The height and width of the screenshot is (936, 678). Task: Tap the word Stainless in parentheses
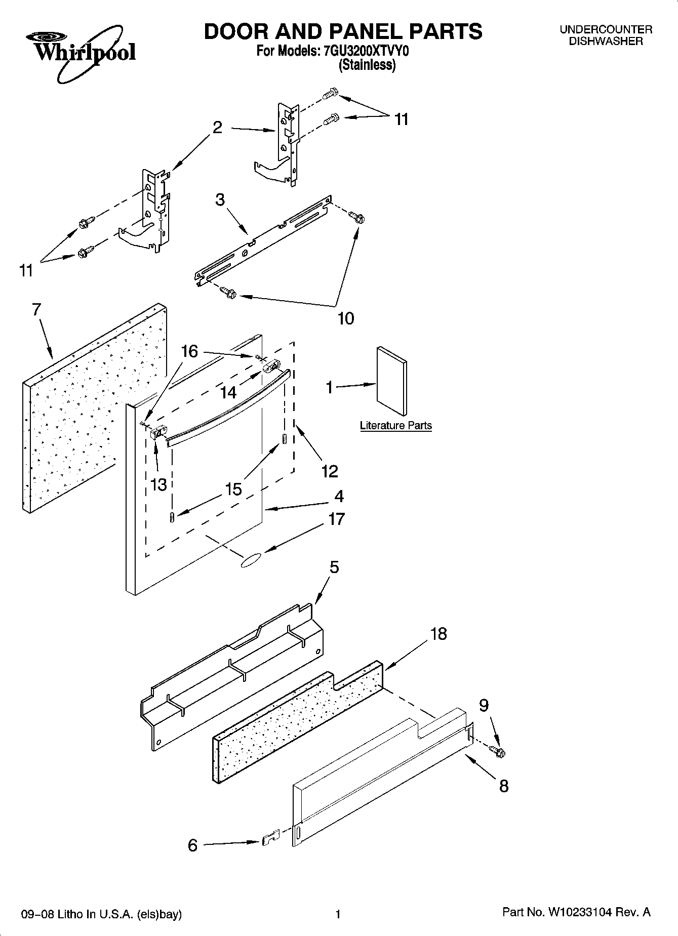pos(367,65)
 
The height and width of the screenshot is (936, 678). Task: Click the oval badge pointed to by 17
pos(251,560)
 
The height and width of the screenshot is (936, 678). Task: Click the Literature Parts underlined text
pos(395,425)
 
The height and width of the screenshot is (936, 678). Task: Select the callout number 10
pos(346,318)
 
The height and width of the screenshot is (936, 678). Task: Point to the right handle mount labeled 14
pos(272,365)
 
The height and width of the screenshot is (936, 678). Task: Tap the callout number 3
pos(220,199)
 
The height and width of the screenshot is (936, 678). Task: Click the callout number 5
pos(334,567)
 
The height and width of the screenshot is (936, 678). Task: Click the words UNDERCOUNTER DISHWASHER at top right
pos(606,35)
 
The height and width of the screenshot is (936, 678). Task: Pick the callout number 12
pos(330,471)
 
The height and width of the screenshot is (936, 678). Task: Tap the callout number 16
pos(189,351)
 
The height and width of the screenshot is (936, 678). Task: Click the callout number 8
pos(503,786)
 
